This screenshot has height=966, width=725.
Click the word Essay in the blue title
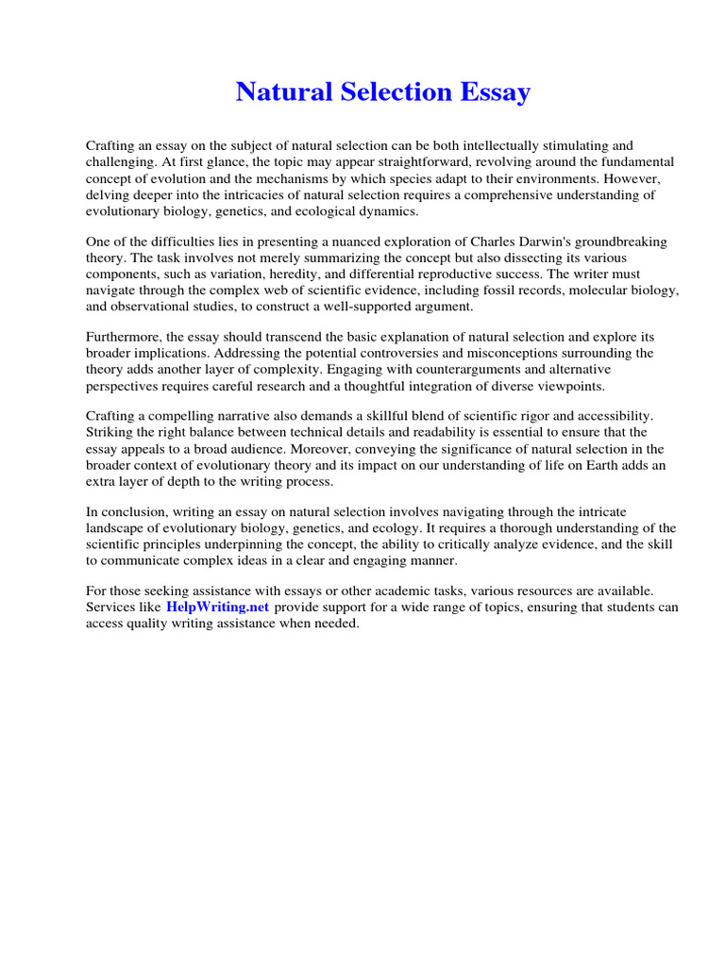coord(493,92)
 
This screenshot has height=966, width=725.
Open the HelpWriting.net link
coord(218,608)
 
